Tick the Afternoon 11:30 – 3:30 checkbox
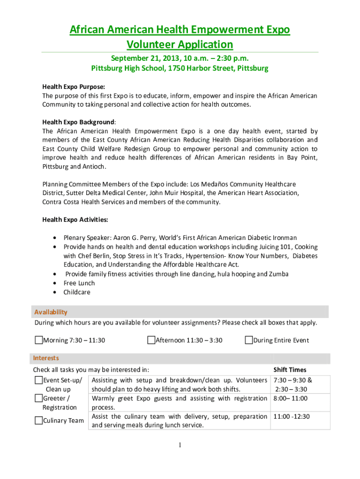(x=151, y=340)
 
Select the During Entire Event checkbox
(x=249, y=340)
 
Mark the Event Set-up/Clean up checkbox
(x=39, y=380)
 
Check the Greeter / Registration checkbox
(x=39, y=399)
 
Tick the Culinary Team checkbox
(x=39, y=421)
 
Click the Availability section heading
(x=51, y=312)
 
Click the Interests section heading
(x=46, y=358)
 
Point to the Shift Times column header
(x=290, y=370)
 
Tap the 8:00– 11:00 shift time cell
(x=291, y=399)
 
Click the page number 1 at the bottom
(x=180, y=445)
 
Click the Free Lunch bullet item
(x=79, y=283)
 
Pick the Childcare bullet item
(x=77, y=292)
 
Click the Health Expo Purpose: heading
(x=73, y=87)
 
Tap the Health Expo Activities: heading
(x=75, y=219)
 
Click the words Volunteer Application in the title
(x=180, y=44)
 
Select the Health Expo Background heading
(x=78, y=122)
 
